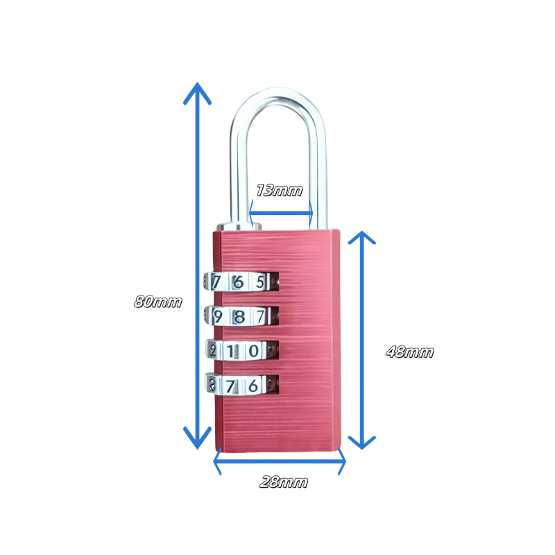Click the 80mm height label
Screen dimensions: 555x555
pos(158,302)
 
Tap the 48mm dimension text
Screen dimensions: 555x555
pos(409,352)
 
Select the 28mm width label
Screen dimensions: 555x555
pos(283,481)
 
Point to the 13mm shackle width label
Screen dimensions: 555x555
pos(280,190)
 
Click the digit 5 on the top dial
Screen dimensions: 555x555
pos(261,282)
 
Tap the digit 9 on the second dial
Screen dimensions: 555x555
pos(218,316)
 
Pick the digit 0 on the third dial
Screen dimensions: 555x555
pos(255,350)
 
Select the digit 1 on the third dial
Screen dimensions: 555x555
pos(236,350)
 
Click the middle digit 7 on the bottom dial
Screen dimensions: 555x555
pos(236,386)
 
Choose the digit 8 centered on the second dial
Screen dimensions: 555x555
pos(238,316)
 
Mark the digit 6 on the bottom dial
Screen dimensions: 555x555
pos(254,386)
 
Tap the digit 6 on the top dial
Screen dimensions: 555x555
pos(238,282)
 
